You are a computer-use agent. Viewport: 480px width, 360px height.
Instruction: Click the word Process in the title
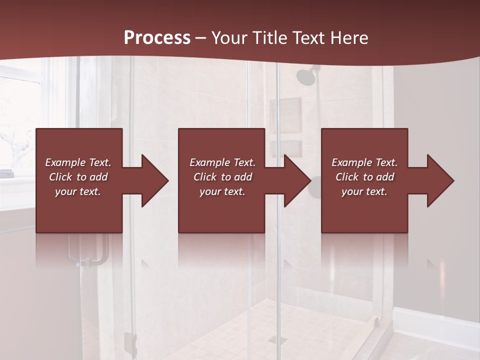point(157,38)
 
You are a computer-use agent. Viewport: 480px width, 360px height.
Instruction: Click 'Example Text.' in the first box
point(78,162)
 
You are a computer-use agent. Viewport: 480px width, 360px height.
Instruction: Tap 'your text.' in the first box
point(78,191)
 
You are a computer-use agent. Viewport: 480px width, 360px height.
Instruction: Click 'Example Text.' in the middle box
point(222,162)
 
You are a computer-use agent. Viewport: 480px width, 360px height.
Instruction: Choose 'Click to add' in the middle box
point(222,177)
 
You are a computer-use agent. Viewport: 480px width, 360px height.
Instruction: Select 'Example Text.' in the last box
point(364,162)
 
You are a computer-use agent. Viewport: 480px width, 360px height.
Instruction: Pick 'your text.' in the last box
point(364,191)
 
